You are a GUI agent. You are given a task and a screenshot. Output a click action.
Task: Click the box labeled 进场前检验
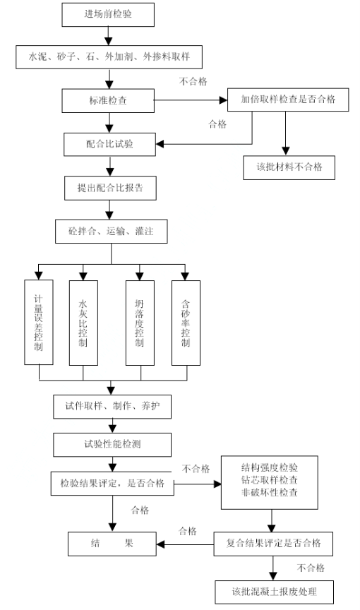tap(108, 15)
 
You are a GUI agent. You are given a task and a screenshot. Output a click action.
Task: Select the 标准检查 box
tap(108, 101)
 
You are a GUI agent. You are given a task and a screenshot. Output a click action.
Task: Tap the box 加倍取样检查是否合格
tap(288, 100)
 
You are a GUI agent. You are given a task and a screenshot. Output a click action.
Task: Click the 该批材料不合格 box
tap(289, 167)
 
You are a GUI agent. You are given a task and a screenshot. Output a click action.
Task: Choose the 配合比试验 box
tap(109, 144)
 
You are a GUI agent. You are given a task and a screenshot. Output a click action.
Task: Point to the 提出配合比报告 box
tap(110, 189)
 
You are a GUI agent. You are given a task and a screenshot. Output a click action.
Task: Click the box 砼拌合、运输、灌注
tap(112, 232)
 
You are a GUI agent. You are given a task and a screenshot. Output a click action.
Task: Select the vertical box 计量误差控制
tap(39, 323)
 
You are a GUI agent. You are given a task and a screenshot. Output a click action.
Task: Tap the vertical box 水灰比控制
tap(83, 323)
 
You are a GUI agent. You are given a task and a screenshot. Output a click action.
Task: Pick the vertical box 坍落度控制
tap(140, 323)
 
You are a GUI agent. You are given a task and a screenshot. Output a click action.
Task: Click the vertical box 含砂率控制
tap(186, 323)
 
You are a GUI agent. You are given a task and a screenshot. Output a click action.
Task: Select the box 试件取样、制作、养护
tap(112, 407)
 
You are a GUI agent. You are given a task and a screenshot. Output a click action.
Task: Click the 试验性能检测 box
tap(112, 445)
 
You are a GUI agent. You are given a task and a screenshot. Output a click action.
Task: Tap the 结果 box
tap(112, 544)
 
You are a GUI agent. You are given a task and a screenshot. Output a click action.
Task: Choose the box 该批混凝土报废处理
tap(275, 592)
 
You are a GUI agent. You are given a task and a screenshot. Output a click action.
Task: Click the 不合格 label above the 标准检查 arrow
tap(193, 81)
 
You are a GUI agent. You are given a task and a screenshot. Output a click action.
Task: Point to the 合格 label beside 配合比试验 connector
tap(217, 124)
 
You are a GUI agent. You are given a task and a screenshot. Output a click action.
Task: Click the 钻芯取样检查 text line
tap(270, 479)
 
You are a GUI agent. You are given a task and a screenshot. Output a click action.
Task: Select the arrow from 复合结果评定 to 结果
tap(185, 544)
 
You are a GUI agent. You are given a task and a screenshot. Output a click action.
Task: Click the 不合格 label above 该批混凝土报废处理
tap(311, 568)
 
